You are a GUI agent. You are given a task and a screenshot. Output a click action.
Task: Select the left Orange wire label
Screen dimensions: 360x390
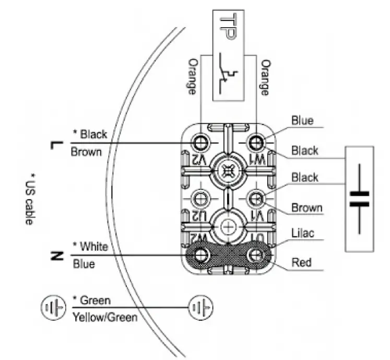click(192, 76)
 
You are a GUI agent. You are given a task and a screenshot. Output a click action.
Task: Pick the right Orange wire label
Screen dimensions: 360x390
click(265, 78)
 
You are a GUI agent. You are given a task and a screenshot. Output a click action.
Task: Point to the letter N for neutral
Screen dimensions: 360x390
click(58, 256)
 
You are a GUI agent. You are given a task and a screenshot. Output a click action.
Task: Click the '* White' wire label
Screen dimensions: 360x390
click(90, 246)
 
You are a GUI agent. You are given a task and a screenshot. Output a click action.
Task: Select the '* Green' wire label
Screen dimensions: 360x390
click(91, 300)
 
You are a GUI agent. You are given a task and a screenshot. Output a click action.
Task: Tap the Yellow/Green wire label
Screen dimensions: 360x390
click(105, 317)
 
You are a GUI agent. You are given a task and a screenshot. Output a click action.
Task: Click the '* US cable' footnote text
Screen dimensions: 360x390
click(31, 199)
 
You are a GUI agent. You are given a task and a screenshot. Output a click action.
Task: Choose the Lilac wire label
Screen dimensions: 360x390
click(303, 233)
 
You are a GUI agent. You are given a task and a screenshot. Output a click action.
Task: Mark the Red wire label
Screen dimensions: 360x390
click(301, 262)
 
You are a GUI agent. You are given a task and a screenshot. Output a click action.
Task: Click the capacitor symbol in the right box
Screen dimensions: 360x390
click(359, 199)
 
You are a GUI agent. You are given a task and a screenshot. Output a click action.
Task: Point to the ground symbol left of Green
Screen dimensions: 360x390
click(53, 308)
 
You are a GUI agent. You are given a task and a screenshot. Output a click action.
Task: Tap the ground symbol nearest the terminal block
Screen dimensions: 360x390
click(200, 307)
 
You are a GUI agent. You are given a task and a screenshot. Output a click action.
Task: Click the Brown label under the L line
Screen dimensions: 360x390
click(86, 152)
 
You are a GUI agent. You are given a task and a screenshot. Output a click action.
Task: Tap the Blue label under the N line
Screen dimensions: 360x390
click(84, 264)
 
